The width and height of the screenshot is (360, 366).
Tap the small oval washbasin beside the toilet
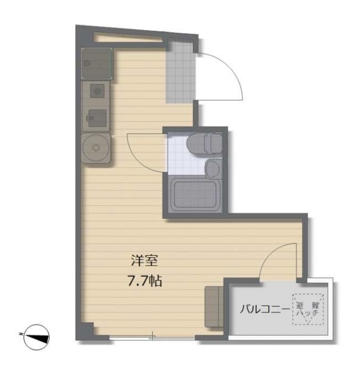pyautogui.click(x=212, y=168)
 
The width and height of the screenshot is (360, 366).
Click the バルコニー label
pyautogui.click(x=264, y=310)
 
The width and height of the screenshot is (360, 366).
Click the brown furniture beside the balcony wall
pyautogui.click(x=215, y=306)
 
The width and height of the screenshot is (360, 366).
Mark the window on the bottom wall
pyautogui.click(x=152, y=337)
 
